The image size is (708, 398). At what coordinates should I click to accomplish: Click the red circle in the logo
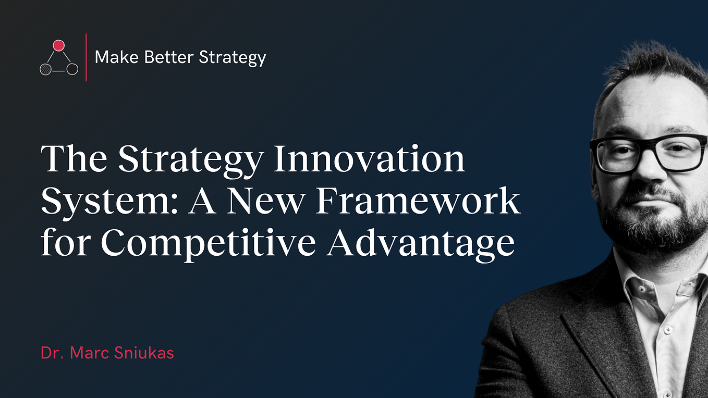point(59,45)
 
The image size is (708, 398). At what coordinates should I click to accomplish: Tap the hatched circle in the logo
point(46,69)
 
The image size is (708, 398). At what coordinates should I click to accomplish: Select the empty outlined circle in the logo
point(72,69)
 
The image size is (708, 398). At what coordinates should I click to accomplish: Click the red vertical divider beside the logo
point(86,57)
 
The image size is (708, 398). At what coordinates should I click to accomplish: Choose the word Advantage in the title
point(421,243)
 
